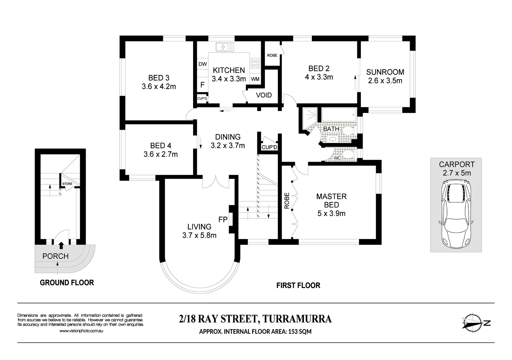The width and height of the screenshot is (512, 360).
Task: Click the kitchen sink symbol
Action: [225, 47]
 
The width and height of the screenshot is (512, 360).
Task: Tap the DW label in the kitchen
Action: [202, 64]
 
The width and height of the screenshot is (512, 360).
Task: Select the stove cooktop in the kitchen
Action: [255, 63]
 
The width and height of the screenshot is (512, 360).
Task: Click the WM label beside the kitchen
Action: [255, 79]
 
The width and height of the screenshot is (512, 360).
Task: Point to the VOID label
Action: [264, 95]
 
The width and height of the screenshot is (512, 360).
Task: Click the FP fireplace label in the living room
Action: [223, 220]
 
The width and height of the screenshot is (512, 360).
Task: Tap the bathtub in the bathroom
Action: [339, 115]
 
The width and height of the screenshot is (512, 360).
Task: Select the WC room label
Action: [337, 158]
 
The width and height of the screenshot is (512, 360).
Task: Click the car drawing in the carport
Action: [456, 214]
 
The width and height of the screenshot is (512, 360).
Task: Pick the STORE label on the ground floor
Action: [67, 184]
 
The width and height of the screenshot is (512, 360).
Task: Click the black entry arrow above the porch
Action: [61, 245]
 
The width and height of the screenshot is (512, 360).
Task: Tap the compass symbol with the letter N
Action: [476, 323]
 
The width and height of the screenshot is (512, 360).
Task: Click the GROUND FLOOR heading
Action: [67, 283]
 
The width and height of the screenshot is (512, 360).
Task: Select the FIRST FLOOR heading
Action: [298, 285]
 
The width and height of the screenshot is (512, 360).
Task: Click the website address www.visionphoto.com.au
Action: [81, 331]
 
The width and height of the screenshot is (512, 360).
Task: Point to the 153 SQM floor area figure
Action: [300, 331]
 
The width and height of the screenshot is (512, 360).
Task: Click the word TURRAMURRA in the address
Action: [297, 319]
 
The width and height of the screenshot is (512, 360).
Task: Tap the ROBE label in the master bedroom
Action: [287, 201]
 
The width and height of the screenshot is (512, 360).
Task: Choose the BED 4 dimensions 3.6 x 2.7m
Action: [160, 154]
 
